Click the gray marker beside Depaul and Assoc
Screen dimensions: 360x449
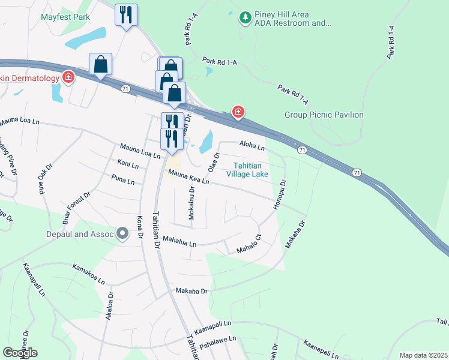tap(123, 233)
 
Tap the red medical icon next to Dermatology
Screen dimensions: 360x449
tap(69, 77)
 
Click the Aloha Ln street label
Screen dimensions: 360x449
tap(252, 145)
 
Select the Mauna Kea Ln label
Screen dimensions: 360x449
tap(188, 176)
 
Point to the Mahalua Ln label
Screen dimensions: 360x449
tap(179, 242)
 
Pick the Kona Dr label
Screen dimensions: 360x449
tap(140, 227)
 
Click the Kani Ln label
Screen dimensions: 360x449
tap(128, 164)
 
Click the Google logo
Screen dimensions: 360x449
tap(20, 353)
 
